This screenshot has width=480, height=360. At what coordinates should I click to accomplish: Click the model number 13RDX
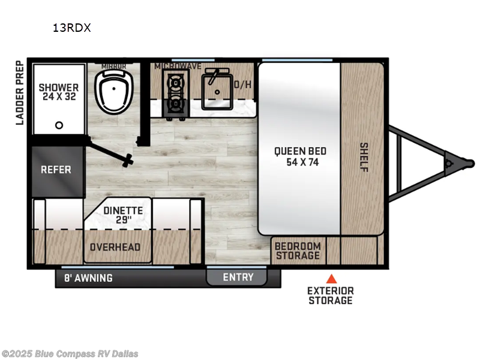tap(71, 28)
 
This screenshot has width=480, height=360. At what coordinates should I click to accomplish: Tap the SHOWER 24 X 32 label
tap(59, 92)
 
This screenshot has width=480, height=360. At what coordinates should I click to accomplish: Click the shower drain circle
tap(59, 125)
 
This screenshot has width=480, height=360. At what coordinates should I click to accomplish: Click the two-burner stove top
tap(176, 93)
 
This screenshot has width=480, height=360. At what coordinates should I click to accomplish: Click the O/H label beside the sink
tap(242, 85)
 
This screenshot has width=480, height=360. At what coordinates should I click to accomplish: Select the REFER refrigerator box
tap(56, 169)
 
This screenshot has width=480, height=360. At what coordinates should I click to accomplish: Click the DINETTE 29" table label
tap(123, 215)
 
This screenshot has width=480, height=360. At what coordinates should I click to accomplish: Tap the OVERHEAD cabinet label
tap(115, 247)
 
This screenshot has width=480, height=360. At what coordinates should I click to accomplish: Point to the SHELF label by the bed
tap(364, 157)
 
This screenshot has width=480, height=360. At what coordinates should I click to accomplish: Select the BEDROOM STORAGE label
tap(298, 251)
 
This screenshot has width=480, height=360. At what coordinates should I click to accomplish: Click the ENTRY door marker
tap(238, 277)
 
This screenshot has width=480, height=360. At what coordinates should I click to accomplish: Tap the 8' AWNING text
tap(88, 278)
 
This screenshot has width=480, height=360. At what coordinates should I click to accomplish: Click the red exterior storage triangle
tap(331, 278)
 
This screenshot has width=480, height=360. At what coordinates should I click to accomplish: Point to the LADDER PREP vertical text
tap(19, 92)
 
